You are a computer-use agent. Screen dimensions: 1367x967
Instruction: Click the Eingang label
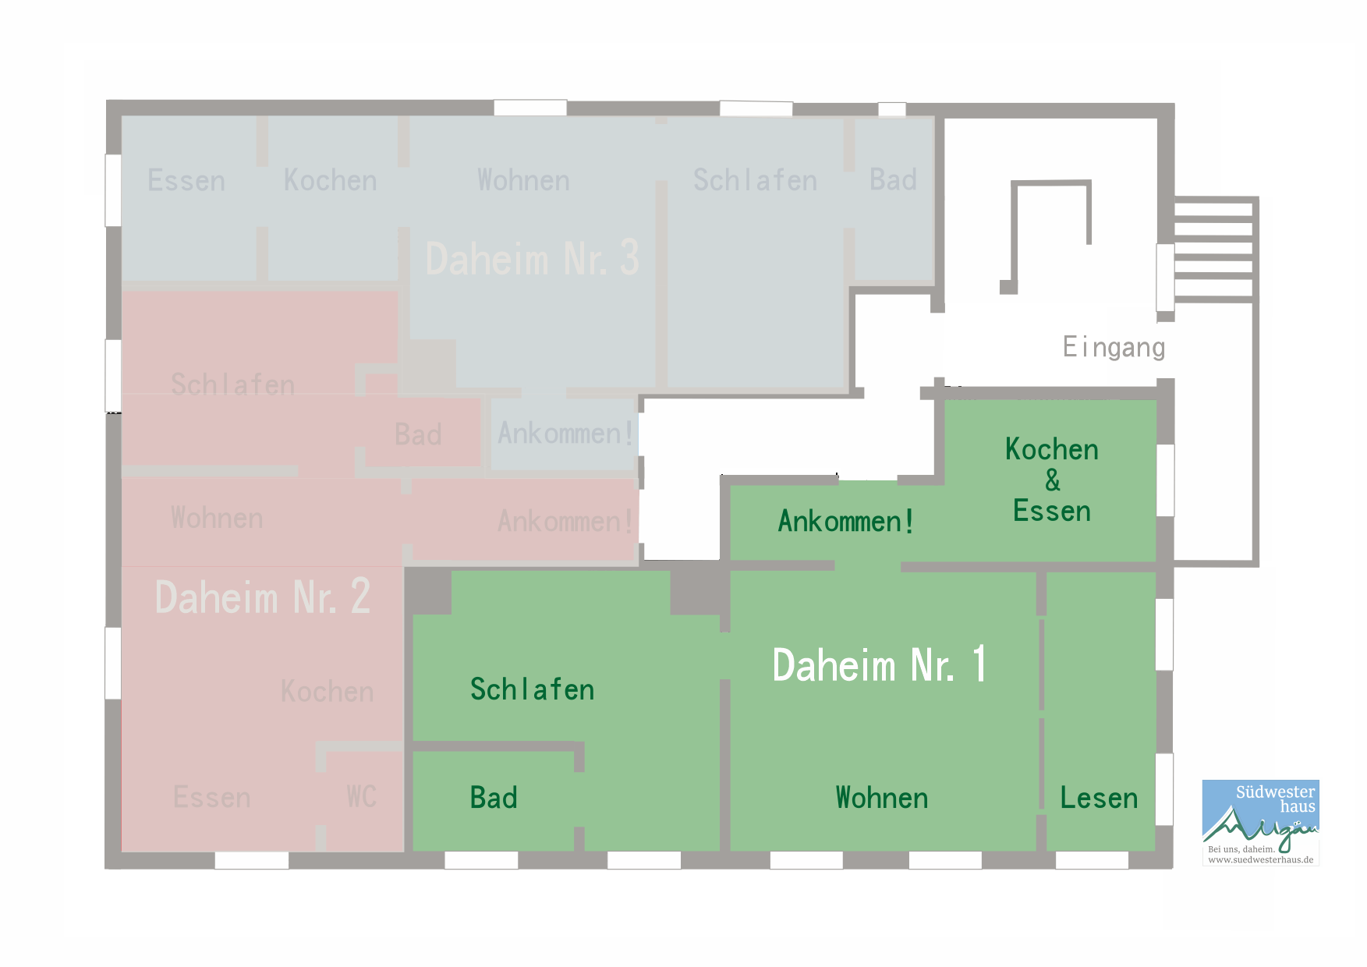(x=1114, y=347)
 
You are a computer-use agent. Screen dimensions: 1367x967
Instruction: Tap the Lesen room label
(x=1099, y=798)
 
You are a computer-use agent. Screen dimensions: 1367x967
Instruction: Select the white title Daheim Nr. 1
(x=880, y=665)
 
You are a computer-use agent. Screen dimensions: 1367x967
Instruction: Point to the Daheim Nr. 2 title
(x=263, y=597)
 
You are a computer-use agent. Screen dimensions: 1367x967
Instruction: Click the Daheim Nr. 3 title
(x=533, y=258)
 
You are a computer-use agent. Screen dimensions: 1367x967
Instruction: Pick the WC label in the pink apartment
(x=362, y=797)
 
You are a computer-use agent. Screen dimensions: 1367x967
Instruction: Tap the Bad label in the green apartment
(x=494, y=798)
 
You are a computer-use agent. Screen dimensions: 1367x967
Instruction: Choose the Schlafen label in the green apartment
(x=533, y=689)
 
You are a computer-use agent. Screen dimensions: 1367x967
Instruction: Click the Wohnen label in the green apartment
(x=882, y=798)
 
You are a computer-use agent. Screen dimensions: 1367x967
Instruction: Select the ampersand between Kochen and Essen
(x=1053, y=480)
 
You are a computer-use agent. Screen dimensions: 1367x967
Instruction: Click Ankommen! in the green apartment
(x=846, y=521)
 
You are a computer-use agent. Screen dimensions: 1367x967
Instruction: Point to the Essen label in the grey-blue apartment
(x=186, y=180)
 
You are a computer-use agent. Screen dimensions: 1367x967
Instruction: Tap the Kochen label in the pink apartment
(x=327, y=692)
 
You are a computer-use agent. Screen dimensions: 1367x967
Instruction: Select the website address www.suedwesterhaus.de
(x=1261, y=860)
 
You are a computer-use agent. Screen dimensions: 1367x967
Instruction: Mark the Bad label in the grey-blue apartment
(x=893, y=180)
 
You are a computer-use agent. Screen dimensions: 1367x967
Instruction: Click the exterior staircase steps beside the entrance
(x=1213, y=250)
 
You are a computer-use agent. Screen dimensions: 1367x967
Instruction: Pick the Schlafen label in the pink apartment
(x=232, y=384)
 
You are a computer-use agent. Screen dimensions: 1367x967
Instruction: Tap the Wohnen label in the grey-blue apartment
(x=523, y=180)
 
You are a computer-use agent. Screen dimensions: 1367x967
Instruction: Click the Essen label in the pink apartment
(x=212, y=798)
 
